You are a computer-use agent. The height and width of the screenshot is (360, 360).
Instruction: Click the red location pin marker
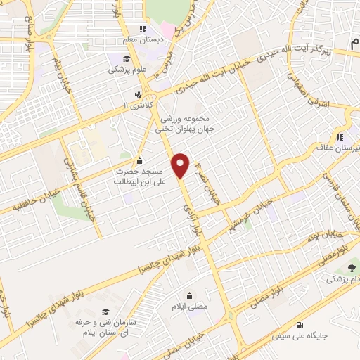181,165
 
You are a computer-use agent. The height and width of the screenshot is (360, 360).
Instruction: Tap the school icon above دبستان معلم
143,30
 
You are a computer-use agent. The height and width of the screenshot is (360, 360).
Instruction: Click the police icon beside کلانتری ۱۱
137,94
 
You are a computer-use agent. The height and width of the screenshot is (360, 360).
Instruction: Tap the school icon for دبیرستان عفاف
340,137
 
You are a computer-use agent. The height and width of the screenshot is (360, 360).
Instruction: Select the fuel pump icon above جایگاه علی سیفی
300,325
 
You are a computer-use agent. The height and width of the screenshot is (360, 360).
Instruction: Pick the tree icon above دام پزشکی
350,268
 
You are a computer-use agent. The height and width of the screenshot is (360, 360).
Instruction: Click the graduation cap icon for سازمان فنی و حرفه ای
105,311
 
